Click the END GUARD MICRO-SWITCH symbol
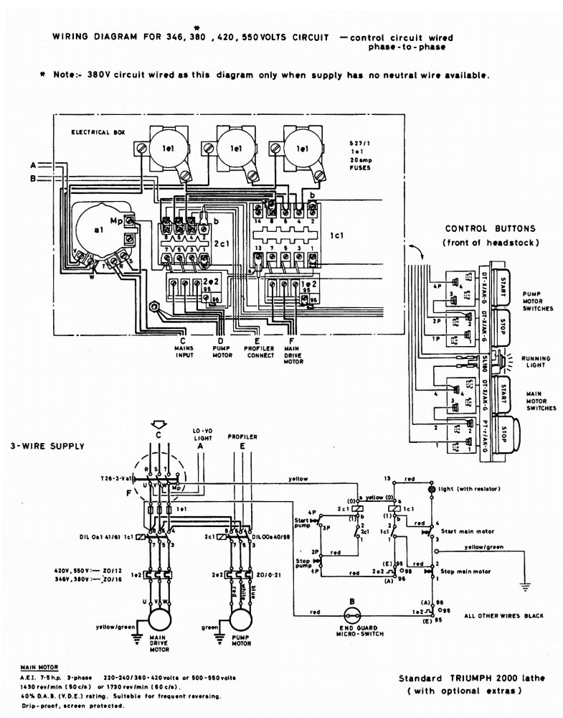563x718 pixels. click(x=352, y=614)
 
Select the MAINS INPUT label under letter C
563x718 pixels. click(x=184, y=352)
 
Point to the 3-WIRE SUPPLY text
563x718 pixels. click(x=47, y=446)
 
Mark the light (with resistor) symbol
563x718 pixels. click(x=432, y=488)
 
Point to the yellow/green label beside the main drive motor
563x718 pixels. click(x=117, y=627)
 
